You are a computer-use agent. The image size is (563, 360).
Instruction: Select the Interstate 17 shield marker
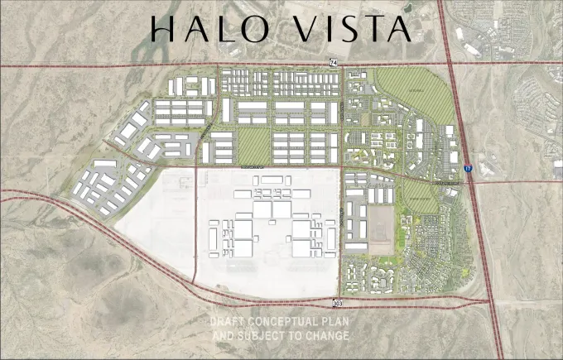point(469,168)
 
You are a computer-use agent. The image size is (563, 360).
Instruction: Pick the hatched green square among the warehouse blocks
point(253,146)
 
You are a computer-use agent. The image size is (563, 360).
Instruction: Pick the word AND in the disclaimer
point(224,336)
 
